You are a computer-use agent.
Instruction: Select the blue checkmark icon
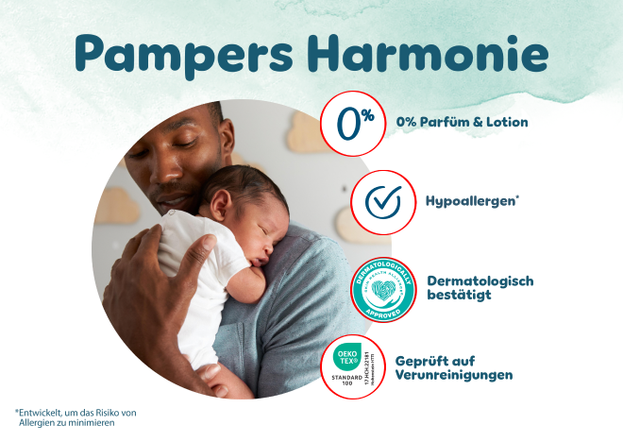click(x=383, y=201)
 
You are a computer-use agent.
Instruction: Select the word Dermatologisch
click(x=480, y=280)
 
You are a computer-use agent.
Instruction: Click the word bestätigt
click(x=458, y=296)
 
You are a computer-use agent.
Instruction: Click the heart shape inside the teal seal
click(x=383, y=287)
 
